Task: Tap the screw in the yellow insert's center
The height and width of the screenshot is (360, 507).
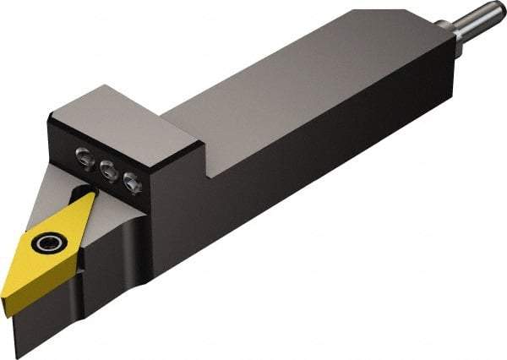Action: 45,244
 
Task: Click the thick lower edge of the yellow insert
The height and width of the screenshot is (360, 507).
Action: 34,275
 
